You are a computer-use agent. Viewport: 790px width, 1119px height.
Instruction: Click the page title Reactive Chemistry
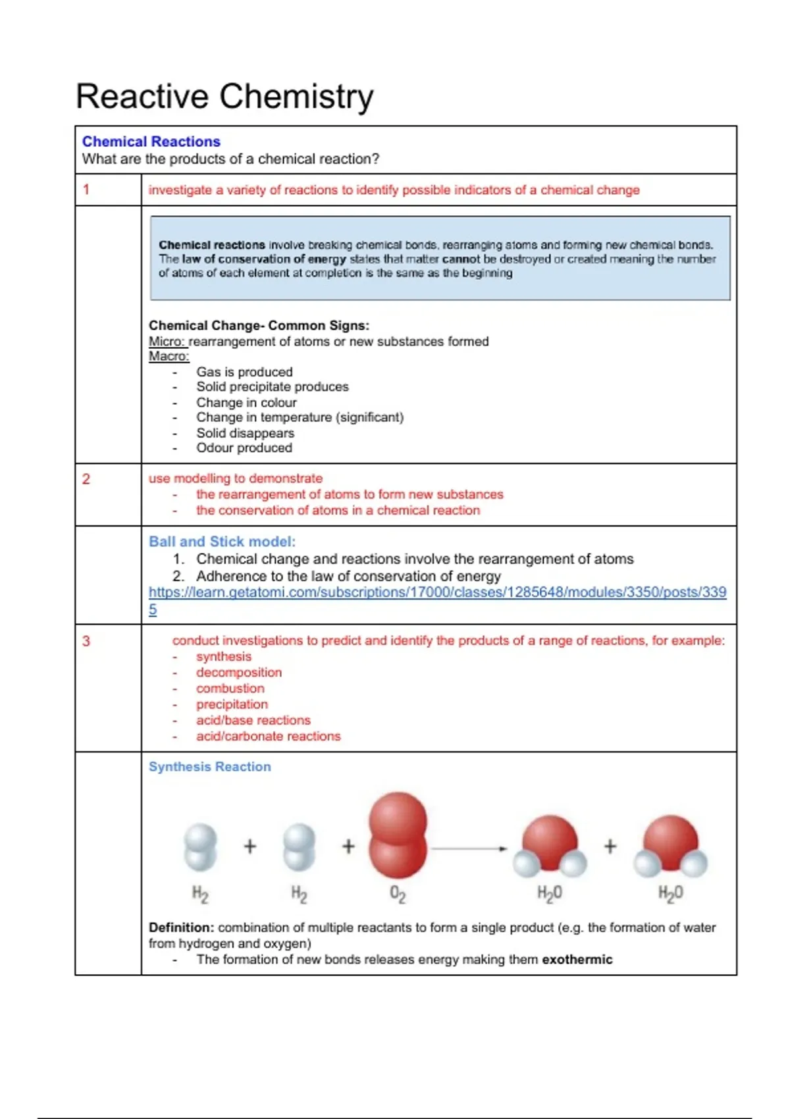click(x=224, y=96)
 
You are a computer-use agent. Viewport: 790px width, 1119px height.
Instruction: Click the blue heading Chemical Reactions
click(x=151, y=142)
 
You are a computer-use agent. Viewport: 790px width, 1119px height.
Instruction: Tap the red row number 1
click(x=86, y=190)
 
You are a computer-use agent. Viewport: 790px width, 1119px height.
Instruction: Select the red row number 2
click(x=86, y=479)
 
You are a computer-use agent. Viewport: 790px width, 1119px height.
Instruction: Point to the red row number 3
click(x=86, y=640)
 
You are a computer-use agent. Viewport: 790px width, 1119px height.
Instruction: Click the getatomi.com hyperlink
click(x=437, y=592)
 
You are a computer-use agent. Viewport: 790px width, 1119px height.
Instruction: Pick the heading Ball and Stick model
click(x=222, y=542)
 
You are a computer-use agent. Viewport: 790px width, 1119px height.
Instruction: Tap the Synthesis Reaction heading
click(x=209, y=767)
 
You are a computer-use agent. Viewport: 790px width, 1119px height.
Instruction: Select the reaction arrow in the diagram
click(x=469, y=848)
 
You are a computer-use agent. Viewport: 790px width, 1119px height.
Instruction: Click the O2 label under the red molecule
click(x=398, y=894)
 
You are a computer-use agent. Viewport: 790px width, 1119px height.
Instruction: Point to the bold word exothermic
click(x=577, y=960)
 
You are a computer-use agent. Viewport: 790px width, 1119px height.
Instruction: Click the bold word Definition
click(x=181, y=927)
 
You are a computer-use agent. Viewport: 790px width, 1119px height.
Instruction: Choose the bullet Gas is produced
click(x=244, y=372)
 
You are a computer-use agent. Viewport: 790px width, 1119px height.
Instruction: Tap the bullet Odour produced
click(x=244, y=448)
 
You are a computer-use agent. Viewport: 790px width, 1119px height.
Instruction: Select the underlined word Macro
click(x=169, y=356)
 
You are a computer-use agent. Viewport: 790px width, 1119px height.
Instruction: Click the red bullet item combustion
click(x=230, y=689)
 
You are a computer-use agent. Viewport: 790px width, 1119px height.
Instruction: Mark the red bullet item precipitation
click(x=232, y=704)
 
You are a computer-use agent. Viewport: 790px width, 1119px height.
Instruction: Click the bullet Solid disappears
click(x=245, y=433)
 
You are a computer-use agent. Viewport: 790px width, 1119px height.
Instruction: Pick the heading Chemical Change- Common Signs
click(x=259, y=325)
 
